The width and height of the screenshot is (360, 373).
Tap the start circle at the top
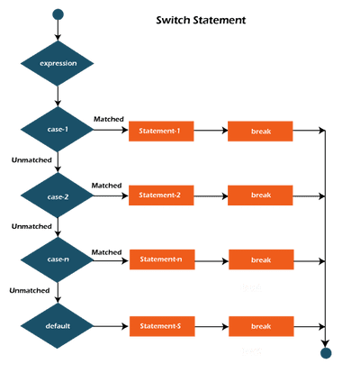pyautogui.click(x=58, y=14)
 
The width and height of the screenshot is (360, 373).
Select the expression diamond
pyautogui.click(x=58, y=65)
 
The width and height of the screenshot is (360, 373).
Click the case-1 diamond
pyautogui.click(x=58, y=132)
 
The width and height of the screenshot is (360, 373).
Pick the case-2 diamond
pyautogui.click(x=58, y=194)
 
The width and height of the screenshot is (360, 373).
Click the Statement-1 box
pyautogui.click(x=161, y=132)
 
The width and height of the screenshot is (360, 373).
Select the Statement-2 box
pyautogui.click(x=161, y=194)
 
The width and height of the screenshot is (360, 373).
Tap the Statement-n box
pyautogui.click(x=161, y=259)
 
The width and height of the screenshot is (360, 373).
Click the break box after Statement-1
pyautogui.click(x=261, y=132)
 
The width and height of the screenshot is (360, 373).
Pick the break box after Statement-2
pyautogui.click(x=261, y=194)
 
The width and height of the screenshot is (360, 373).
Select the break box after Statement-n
pyautogui.click(x=261, y=259)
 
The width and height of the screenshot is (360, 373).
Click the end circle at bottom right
pyautogui.click(x=325, y=352)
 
